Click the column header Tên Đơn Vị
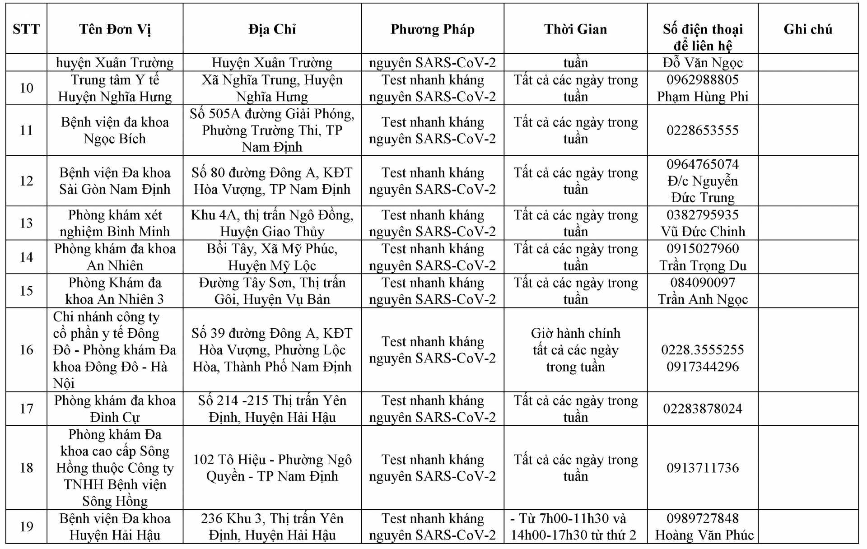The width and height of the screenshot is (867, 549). click(115, 29)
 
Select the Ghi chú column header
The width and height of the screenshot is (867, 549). click(807, 29)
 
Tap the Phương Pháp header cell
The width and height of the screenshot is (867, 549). click(432, 29)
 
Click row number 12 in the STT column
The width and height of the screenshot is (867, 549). click(26, 181)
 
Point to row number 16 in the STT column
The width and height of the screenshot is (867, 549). click(26, 349)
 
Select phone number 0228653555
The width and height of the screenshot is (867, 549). click(702, 130)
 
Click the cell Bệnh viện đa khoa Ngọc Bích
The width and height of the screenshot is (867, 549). click(115, 130)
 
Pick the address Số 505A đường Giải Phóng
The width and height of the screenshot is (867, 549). click(272, 114)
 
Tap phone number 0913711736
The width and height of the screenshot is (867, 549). click(702, 468)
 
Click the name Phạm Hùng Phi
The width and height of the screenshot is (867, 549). click(702, 97)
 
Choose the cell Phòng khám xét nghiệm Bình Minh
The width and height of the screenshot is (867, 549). click(115, 223)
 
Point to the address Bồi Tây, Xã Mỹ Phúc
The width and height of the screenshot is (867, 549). click(272, 249)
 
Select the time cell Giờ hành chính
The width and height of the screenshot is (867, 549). click(575, 333)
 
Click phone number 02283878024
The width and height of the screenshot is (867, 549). click(702, 409)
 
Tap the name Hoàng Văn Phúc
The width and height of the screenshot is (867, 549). click(704, 535)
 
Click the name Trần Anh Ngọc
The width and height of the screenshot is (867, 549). click(702, 299)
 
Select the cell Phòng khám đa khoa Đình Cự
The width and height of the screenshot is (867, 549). click(115, 409)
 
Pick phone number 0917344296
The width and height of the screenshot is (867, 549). click(702, 367)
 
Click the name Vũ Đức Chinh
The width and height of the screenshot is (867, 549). click(702, 232)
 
